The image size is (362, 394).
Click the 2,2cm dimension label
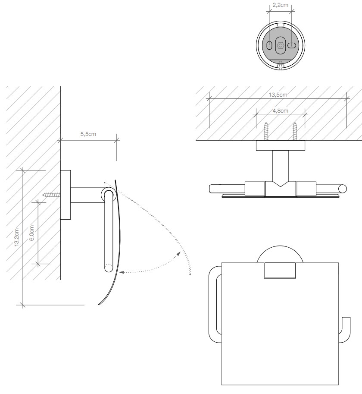pyautogui.click(x=280, y=5)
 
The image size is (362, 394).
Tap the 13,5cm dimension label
pyautogui.click(x=278, y=95)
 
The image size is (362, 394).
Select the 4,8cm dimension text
pyautogui.click(x=280, y=110)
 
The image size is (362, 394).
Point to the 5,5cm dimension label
pyautogui.click(x=88, y=134)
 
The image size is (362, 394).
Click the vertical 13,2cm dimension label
pyautogui.click(x=16, y=237)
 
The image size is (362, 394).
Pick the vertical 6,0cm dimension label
pyautogui.click(x=31, y=233)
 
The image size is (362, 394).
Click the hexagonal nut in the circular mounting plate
pyautogui.click(x=280, y=46)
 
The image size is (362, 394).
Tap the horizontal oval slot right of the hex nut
pyautogui.click(x=292, y=45)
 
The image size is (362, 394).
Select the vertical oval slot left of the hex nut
pyautogui.click(x=269, y=46)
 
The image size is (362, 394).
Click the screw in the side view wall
pyautogui.click(x=52, y=195)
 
